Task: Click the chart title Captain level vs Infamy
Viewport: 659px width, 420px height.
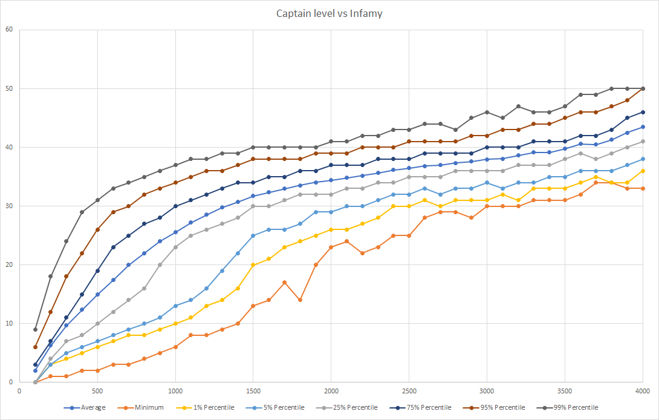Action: [x=329, y=13]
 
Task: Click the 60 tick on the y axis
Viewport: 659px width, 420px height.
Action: [x=8, y=30]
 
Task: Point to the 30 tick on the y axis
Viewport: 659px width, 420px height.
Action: [x=8, y=206]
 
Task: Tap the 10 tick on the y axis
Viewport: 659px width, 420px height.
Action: [x=8, y=323]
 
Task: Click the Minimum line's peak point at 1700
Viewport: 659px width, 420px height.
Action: [x=284, y=282]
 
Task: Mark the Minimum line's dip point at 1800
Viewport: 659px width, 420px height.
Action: [x=300, y=300]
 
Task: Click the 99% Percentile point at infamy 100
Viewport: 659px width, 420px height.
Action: [x=36, y=329]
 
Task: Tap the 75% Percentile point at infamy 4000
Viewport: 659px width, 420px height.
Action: [x=643, y=112]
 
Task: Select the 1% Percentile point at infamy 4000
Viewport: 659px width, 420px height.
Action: [x=643, y=171]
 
